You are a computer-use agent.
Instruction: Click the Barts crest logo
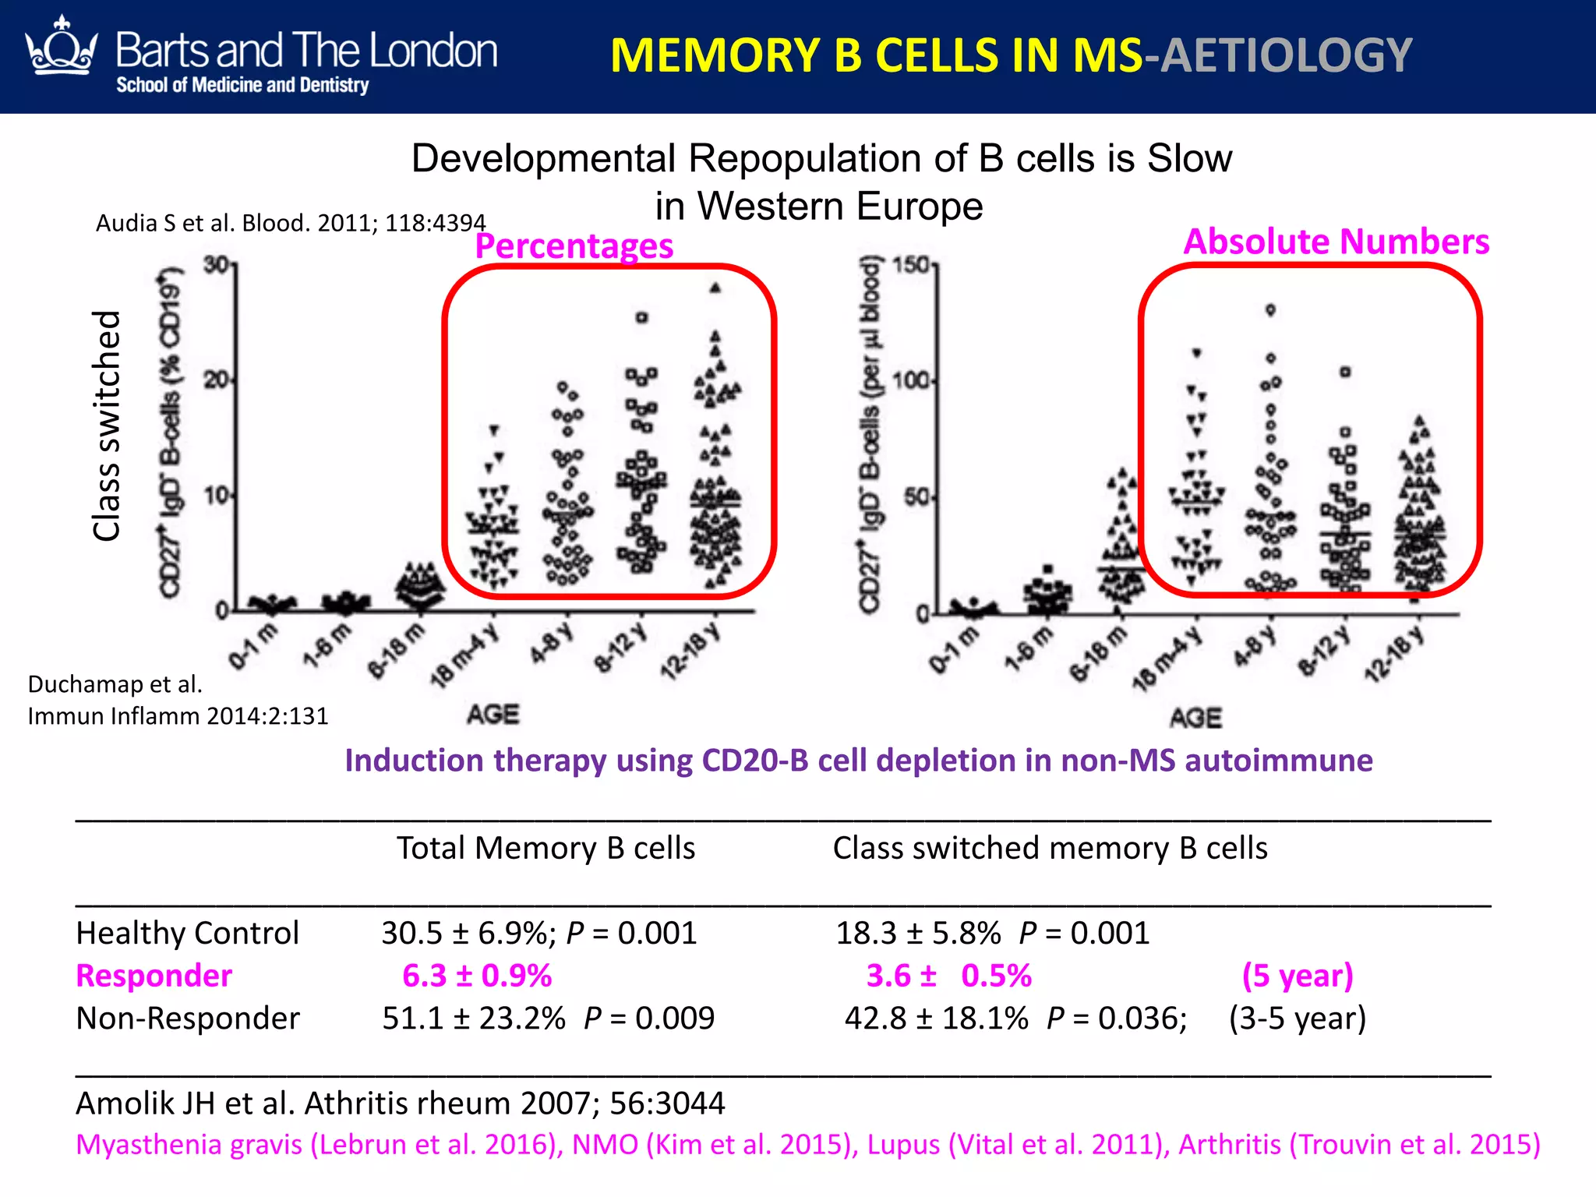(x=61, y=48)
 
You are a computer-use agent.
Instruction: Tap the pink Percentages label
(x=574, y=246)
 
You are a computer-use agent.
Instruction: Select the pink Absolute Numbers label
(x=1336, y=242)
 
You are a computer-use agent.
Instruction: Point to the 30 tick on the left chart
(x=216, y=265)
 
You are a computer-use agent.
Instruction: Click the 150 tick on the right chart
(x=910, y=265)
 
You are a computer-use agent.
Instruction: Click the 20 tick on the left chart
(x=216, y=380)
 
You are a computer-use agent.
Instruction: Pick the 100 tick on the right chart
(x=910, y=380)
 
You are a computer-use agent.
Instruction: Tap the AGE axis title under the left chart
(x=493, y=714)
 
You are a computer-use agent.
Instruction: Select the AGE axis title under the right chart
(x=1195, y=717)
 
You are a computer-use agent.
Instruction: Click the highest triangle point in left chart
(x=715, y=288)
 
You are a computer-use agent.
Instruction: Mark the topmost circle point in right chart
(x=1270, y=310)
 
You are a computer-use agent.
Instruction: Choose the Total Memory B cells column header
(x=546, y=848)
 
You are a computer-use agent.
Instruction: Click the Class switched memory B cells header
(x=1050, y=848)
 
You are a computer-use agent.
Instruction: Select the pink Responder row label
(x=154, y=976)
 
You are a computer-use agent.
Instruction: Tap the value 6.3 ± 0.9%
(x=477, y=976)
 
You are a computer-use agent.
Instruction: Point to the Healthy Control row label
(x=187, y=933)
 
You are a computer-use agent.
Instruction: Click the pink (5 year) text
(x=1298, y=976)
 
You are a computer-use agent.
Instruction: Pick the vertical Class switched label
(x=107, y=425)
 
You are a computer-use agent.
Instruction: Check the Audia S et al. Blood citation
(x=291, y=223)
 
